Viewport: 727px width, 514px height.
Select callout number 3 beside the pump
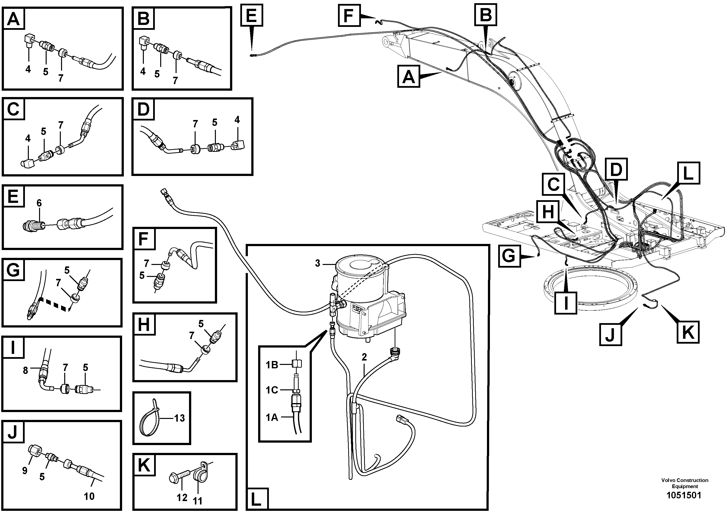click(317, 263)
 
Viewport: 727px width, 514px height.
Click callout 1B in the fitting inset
click(272, 365)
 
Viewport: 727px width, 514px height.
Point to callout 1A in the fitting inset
click(272, 418)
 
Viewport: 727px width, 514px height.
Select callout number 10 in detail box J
click(89, 496)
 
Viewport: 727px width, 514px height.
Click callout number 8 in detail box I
click(26, 370)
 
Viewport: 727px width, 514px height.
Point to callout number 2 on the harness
click(364, 357)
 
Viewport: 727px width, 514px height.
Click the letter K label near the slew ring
click(688, 332)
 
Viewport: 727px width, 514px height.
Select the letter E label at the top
click(252, 15)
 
